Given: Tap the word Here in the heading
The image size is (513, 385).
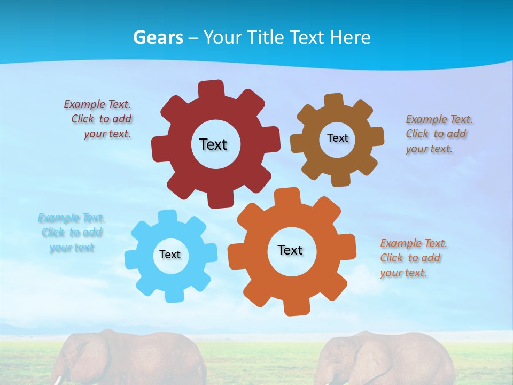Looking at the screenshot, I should pos(350,37).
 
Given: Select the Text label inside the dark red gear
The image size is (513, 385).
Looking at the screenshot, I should pos(213,144).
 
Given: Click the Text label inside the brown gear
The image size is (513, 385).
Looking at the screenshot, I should pos(337,138).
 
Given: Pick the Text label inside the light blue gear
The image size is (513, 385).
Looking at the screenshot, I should pos(170,255).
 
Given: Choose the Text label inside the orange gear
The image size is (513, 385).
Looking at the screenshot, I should pos(290,250).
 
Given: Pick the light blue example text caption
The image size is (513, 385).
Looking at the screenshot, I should pos(72,233).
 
